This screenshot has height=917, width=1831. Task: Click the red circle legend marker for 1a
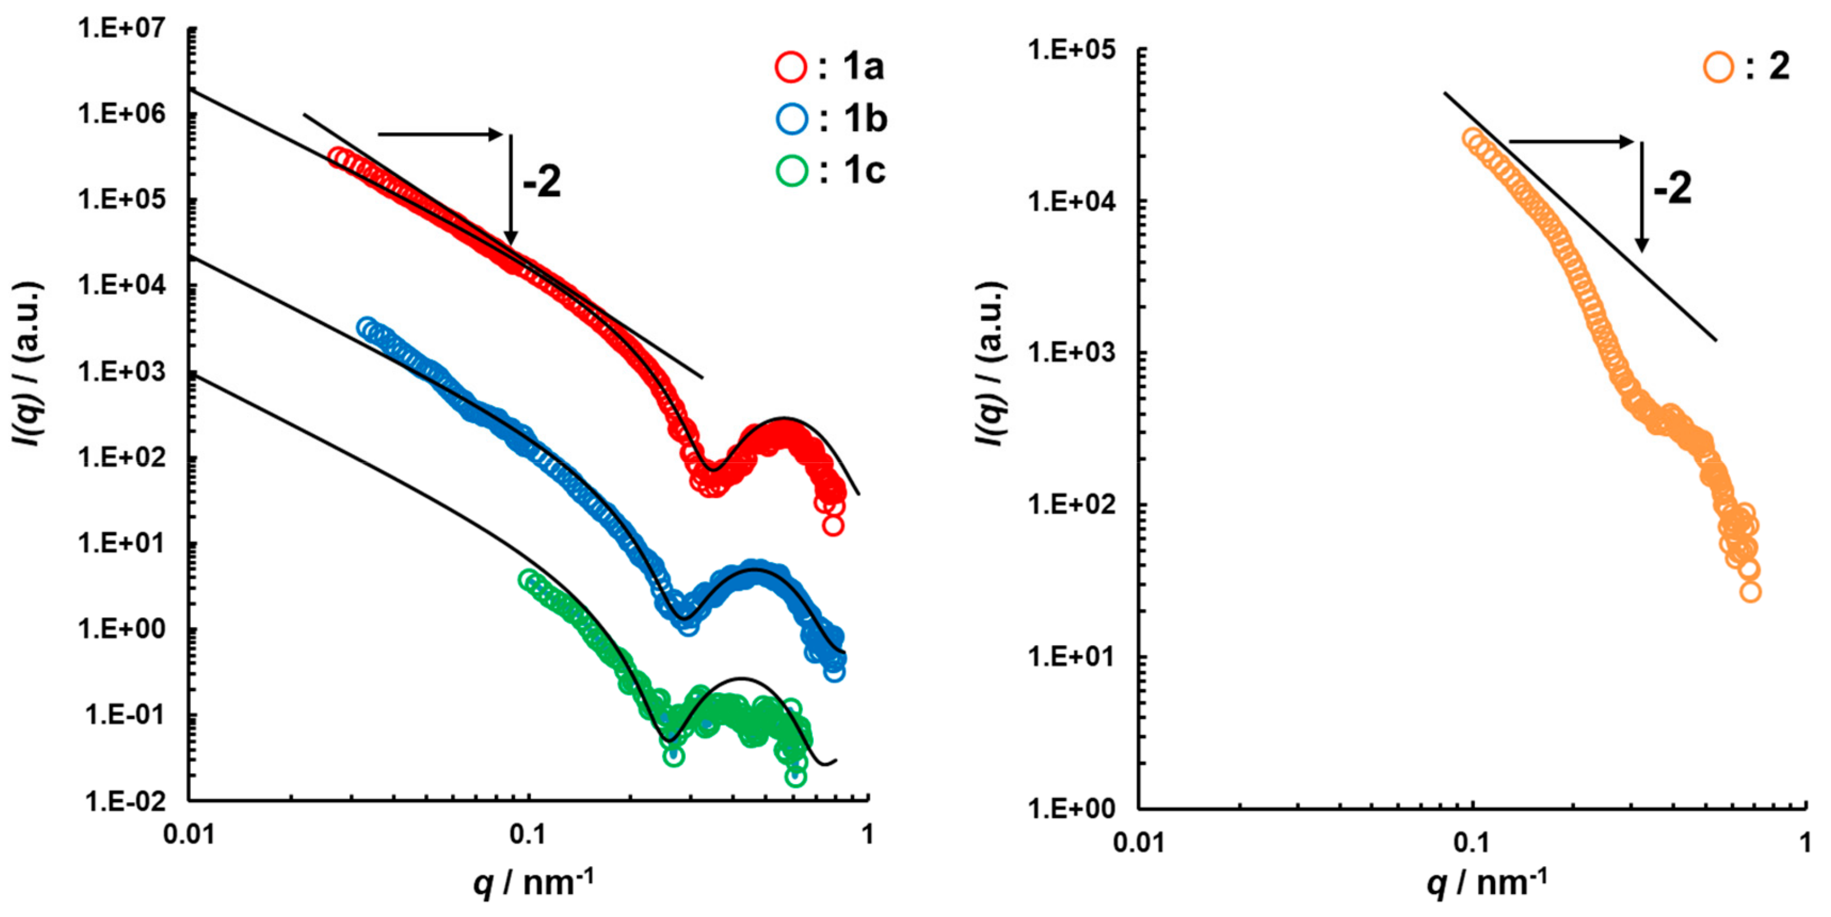pyautogui.click(x=790, y=67)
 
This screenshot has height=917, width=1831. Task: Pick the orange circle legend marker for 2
pyautogui.click(x=1718, y=67)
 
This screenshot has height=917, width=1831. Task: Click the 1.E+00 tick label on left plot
pyautogui.click(x=121, y=629)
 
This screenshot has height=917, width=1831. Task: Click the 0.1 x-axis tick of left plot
pyautogui.click(x=527, y=834)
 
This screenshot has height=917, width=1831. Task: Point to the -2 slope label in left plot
pyautogui.click(x=541, y=182)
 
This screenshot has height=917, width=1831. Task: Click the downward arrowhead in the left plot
pyautogui.click(x=510, y=238)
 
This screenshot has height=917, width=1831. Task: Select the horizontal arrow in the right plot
pyautogui.click(x=1571, y=142)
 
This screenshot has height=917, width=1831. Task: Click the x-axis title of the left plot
pyautogui.click(x=533, y=884)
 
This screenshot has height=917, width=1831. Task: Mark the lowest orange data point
pyautogui.click(x=1750, y=592)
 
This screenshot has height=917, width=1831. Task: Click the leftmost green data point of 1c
pyautogui.click(x=527, y=579)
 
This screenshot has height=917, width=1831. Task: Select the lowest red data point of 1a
pyautogui.click(x=833, y=526)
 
